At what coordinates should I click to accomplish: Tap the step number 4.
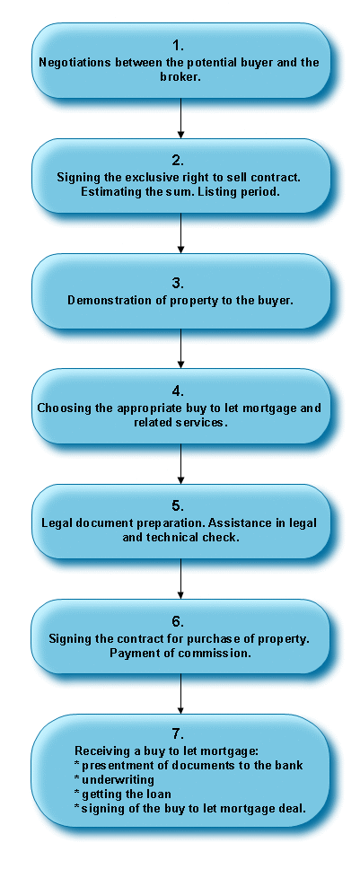pos(178,391)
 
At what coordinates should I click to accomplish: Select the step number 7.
pos(178,734)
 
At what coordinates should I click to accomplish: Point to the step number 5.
pos(178,505)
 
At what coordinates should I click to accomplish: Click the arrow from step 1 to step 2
pos(180,118)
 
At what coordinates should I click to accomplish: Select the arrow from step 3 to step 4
pos(180,348)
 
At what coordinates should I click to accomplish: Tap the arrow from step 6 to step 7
pos(180,693)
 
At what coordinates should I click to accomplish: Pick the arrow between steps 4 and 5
pos(180,463)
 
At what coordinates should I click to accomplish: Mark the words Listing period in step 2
pos(266,192)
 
